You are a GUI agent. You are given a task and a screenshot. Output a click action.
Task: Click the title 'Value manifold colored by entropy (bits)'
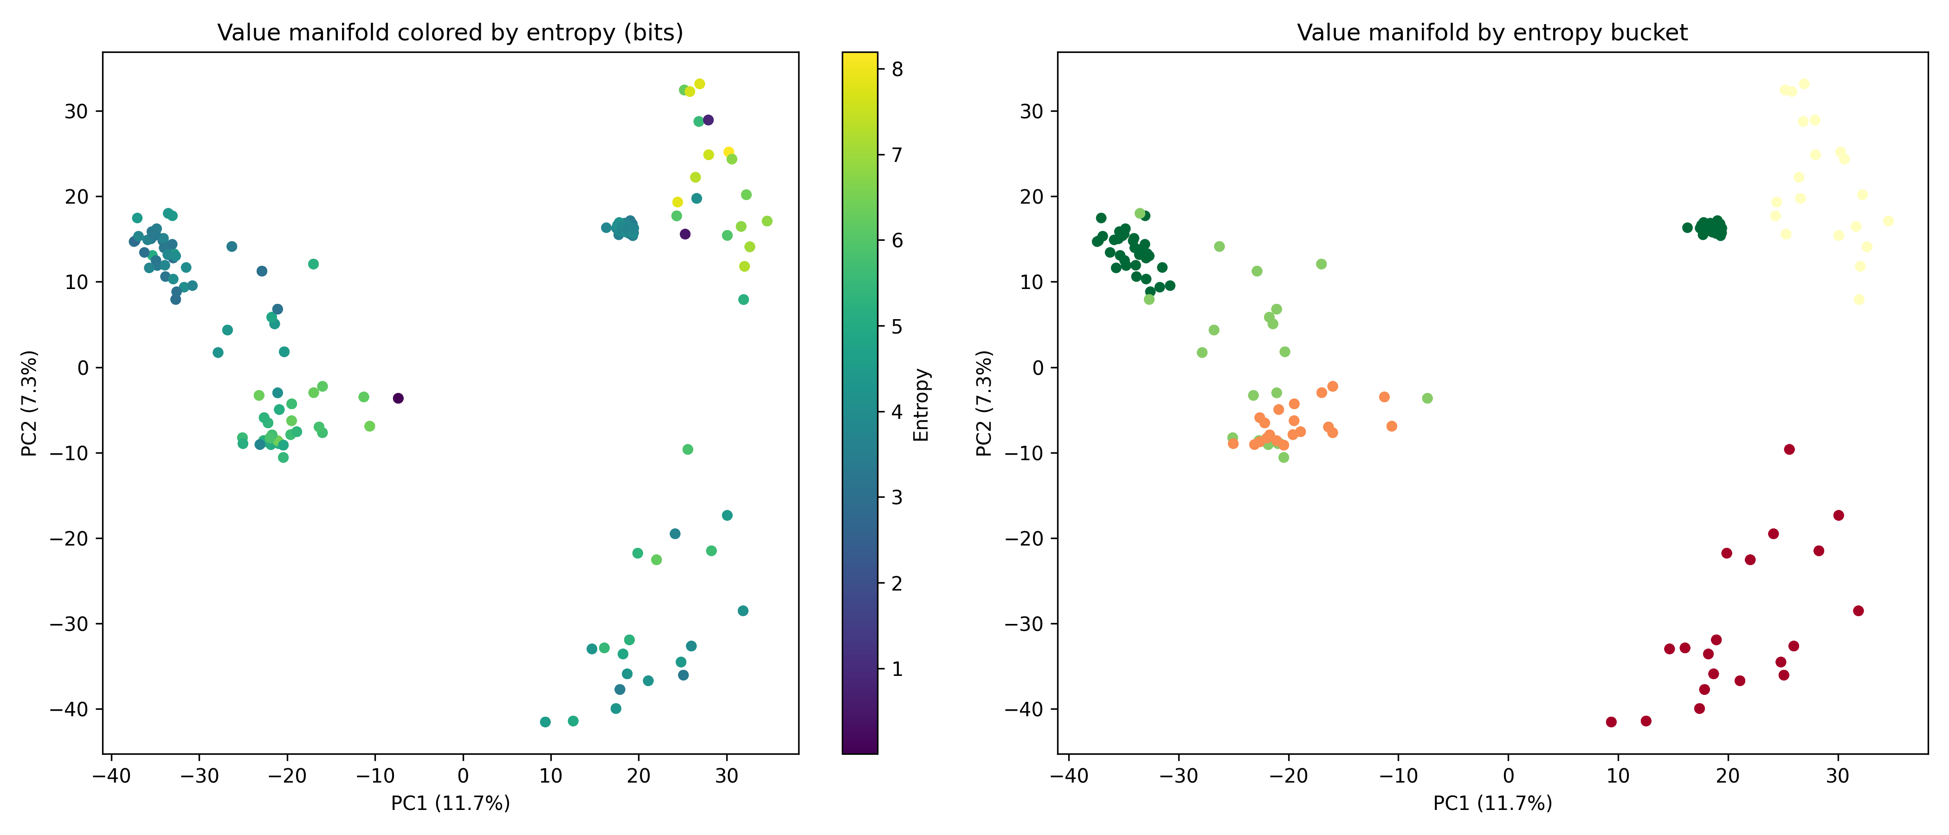450,32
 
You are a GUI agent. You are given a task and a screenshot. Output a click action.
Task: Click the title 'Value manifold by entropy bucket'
1491,32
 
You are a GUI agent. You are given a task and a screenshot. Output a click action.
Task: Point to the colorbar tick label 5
897,327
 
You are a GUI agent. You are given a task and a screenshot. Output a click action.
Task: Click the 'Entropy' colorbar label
921,405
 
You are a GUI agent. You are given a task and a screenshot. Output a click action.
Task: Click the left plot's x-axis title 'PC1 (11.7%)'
450,803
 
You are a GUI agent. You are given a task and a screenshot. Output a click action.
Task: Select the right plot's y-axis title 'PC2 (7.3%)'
984,403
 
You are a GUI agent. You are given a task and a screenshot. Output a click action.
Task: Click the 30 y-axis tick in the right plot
1031,111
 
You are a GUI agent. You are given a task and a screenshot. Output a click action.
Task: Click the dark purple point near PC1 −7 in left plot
398,398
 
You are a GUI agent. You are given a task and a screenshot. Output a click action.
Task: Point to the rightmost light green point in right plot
1427,398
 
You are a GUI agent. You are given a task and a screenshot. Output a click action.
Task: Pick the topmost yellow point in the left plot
700,84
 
